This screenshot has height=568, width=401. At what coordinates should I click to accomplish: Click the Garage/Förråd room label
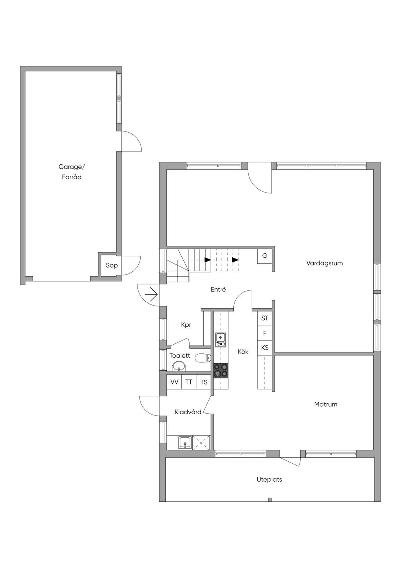[72, 172]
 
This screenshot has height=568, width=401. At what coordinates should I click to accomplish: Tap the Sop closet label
[112, 266]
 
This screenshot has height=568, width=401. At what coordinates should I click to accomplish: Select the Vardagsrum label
[325, 263]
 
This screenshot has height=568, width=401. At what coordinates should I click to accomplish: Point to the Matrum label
[325, 404]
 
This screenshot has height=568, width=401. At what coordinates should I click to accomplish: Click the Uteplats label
[269, 479]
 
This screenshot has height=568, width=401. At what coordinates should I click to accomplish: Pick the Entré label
[218, 289]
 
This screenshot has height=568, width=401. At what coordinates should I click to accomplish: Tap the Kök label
[243, 352]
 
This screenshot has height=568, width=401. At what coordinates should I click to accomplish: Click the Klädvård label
[188, 412]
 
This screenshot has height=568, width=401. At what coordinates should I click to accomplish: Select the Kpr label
[186, 325]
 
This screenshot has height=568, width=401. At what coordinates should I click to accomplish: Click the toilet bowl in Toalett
[203, 358]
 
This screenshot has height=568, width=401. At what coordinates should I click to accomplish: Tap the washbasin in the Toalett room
[179, 366]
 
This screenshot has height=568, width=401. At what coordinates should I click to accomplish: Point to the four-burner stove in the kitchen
[221, 371]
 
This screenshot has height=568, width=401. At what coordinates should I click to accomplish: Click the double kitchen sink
[221, 340]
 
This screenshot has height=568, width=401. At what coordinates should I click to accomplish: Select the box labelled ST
[265, 318]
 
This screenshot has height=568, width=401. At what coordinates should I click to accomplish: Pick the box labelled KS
[265, 348]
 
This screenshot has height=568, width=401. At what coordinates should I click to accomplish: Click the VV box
[174, 382]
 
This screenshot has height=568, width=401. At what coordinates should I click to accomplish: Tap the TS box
[204, 382]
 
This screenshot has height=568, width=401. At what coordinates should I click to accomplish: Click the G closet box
[265, 256]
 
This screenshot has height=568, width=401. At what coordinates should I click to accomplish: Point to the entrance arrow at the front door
[152, 295]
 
